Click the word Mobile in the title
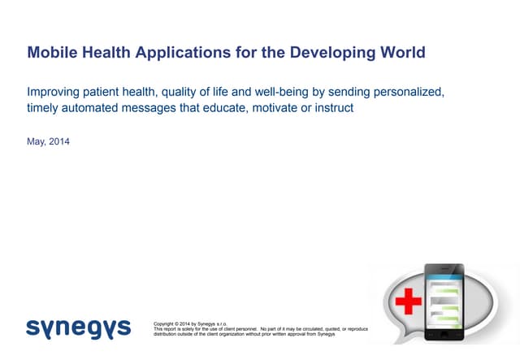[x=50, y=54]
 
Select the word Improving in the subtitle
[x=55, y=92]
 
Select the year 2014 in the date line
[x=59, y=142]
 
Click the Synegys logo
[x=78, y=327]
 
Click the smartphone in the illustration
[x=444, y=301]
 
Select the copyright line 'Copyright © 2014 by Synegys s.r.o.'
[x=188, y=323]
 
